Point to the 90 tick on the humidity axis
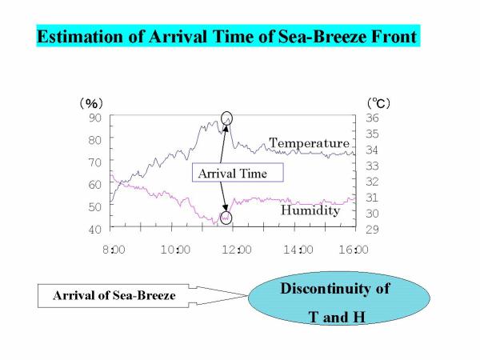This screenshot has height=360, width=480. [95, 118]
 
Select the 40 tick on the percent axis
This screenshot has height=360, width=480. [95, 230]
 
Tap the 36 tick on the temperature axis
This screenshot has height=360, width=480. [372, 118]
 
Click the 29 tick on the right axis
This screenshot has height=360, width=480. [372, 230]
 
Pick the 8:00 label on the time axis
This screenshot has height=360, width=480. [114, 250]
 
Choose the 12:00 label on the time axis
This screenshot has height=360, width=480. [237, 250]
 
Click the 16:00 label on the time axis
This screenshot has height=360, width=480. [354, 250]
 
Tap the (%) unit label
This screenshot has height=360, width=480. [91, 103]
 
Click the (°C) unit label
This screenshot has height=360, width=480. [379, 103]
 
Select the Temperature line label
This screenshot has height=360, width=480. [309, 143]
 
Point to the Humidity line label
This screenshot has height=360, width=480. [310, 210]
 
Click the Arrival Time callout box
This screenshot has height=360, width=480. [238, 173]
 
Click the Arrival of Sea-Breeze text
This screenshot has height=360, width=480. [114, 295]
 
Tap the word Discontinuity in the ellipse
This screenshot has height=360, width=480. [335, 289]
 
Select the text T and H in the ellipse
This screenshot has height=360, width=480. [337, 317]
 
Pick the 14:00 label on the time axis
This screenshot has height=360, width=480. [298, 250]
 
